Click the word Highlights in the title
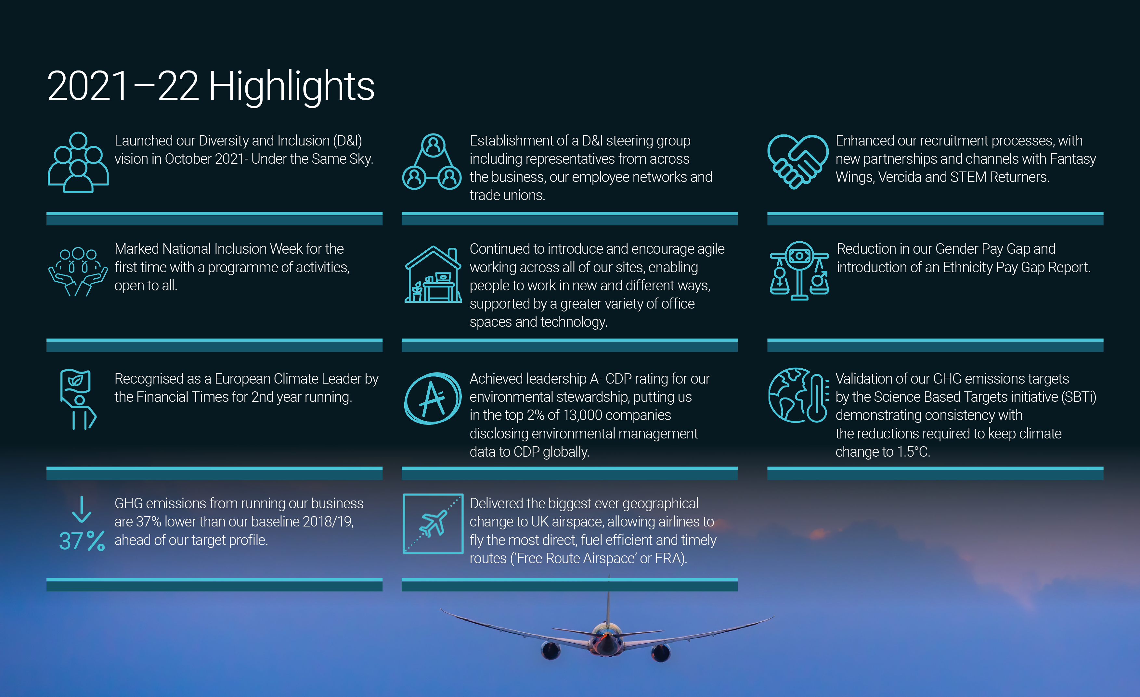(x=291, y=87)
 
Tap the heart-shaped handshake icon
(x=797, y=161)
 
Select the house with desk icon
(x=433, y=274)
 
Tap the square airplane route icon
(x=433, y=524)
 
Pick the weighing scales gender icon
(x=799, y=271)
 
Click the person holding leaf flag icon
(x=78, y=399)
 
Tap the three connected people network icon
(x=432, y=161)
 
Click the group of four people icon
(x=78, y=162)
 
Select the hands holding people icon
(x=78, y=272)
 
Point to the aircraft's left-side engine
(x=551, y=650)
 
